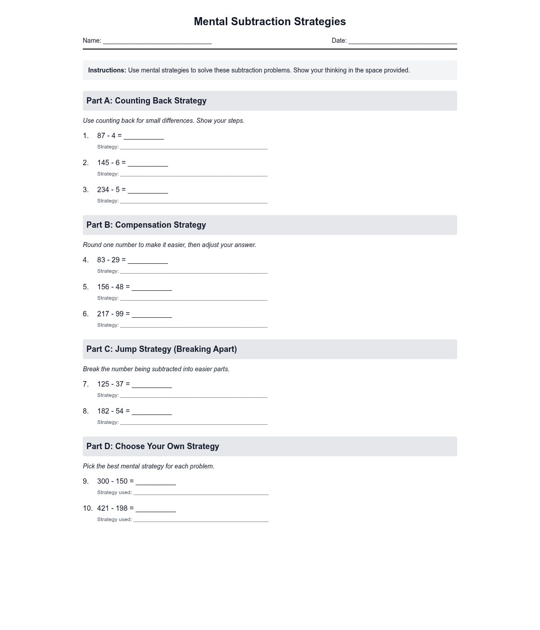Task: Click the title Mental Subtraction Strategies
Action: pyautogui.click(x=270, y=22)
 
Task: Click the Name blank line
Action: pyautogui.click(x=157, y=41)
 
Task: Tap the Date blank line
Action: pyautogui.click(x=403, y=41)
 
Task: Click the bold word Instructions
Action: pyautogui.click(x=107, y=70)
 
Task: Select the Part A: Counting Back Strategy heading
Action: pyautogui.click(x=146, y=101)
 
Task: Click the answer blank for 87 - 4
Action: pyautogui.click(x=144, y=136)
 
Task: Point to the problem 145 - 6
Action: pyautogui.click(x=108, y=162)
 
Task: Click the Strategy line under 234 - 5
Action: pyautogui.click(x=193, y=201)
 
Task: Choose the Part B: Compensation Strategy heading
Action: pyautogui.click(x=146, y=225)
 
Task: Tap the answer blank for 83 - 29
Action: pyautogui.click(x=148, y=261)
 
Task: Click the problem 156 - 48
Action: pyautogui.click(x=110, y=287)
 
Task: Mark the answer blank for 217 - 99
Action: pyautogui.click(x=152, y=315)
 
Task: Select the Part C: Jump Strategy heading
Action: pyautogui.click(x=162, y=349)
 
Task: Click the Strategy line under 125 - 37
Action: pyautogui.click(x=193, y=396)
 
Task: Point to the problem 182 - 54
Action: pyautogui.click(x=110, y=411)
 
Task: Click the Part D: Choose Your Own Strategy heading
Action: pyautogui.click(x=153, y=446)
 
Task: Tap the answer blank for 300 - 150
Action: pyautogui.click(x=156, y=482)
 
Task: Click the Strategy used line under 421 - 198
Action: pyautogui.click(x=201, y=520)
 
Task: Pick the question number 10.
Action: pyautogui.click(x=87, y=508)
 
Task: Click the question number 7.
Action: pyautogui.click(x=85, y=384)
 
